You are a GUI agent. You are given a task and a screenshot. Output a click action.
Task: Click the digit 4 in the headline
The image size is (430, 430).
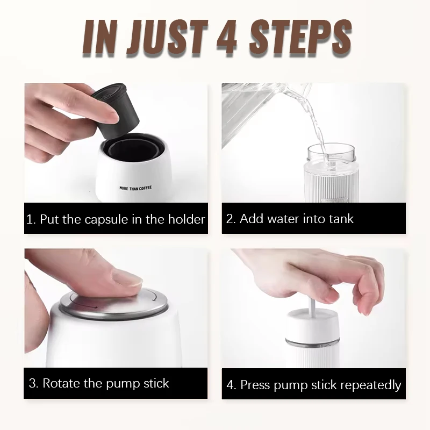(x=226, y=38)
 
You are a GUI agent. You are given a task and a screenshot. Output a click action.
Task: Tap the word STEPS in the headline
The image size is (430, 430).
(x=300, y=38)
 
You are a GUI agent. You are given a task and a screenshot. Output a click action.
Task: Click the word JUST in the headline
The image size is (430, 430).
(x=167, y=38)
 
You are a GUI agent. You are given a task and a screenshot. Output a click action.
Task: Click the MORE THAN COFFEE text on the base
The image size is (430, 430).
(x=135, y=188)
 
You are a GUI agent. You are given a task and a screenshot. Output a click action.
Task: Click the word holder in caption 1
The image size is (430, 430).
(x=187, y=219)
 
